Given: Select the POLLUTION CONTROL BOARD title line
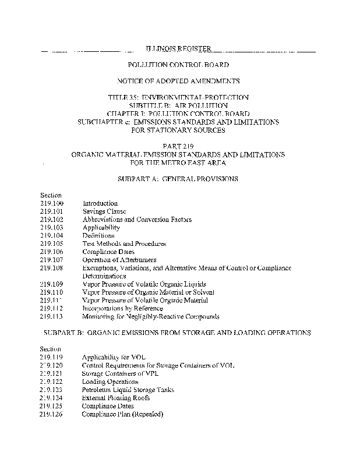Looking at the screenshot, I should pos(178,65).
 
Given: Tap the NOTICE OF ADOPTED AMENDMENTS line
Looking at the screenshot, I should pos(178,81).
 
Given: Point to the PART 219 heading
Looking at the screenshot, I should pos(178,146).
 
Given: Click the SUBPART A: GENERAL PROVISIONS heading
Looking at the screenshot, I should pos(178,179).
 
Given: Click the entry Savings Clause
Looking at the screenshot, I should pos(104,211).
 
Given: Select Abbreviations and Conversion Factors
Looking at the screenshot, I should pos(137,220).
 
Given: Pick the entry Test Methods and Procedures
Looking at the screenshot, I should pos(125,243).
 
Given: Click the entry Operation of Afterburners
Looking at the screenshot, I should pos(119,260).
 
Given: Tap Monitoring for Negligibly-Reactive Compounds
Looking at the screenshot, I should pos(151,317).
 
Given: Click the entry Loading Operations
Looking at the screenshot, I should pos(110,382).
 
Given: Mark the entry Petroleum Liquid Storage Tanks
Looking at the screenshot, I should pos(128,390).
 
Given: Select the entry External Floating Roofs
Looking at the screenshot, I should pos(115,398).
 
